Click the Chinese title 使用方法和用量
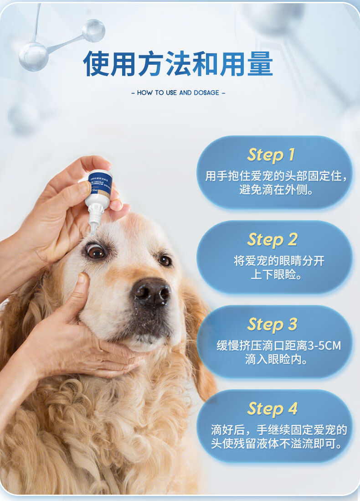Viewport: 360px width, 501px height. (x=178, y=64)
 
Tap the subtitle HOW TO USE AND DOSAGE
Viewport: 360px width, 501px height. (x=178, y=93)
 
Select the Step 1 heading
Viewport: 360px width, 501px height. (x=271, y=155)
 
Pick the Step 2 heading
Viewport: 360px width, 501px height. (x=272, y=239)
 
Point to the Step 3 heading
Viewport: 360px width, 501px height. (x=272, y=324)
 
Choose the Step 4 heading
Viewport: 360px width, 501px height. (x=272, y=408)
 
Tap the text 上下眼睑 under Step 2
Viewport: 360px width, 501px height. (x=277, y=274)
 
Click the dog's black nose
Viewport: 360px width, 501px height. (x=152, y=292)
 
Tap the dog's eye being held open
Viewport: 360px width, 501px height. (x=96, y=251)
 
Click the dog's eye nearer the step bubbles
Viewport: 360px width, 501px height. (x=165, y=260)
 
